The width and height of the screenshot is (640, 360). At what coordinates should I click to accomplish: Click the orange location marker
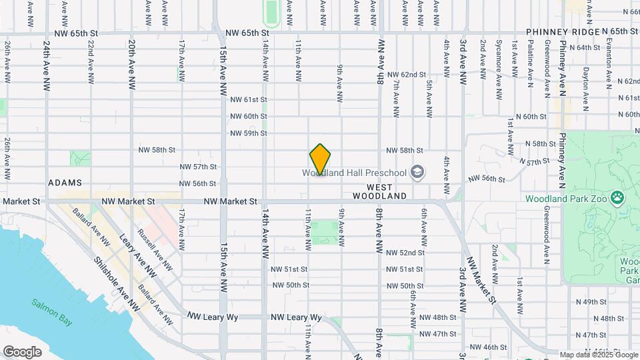321,159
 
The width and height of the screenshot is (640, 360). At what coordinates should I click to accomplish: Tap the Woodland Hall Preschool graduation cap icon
417,173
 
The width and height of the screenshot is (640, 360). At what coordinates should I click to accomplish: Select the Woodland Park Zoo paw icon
618,197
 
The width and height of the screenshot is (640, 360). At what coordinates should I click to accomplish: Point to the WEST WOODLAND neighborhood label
379,191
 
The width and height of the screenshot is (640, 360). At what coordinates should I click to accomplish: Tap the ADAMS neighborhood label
65,182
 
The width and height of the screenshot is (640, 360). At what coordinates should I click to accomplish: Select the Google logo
22,351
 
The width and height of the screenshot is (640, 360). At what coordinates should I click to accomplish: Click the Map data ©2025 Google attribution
599,355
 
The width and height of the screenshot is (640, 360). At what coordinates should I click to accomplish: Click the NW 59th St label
249,133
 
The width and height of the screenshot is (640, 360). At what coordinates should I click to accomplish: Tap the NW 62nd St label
406,75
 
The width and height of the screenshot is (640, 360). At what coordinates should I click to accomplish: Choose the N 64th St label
589,47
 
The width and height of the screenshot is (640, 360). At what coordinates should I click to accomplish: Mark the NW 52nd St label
405,253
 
